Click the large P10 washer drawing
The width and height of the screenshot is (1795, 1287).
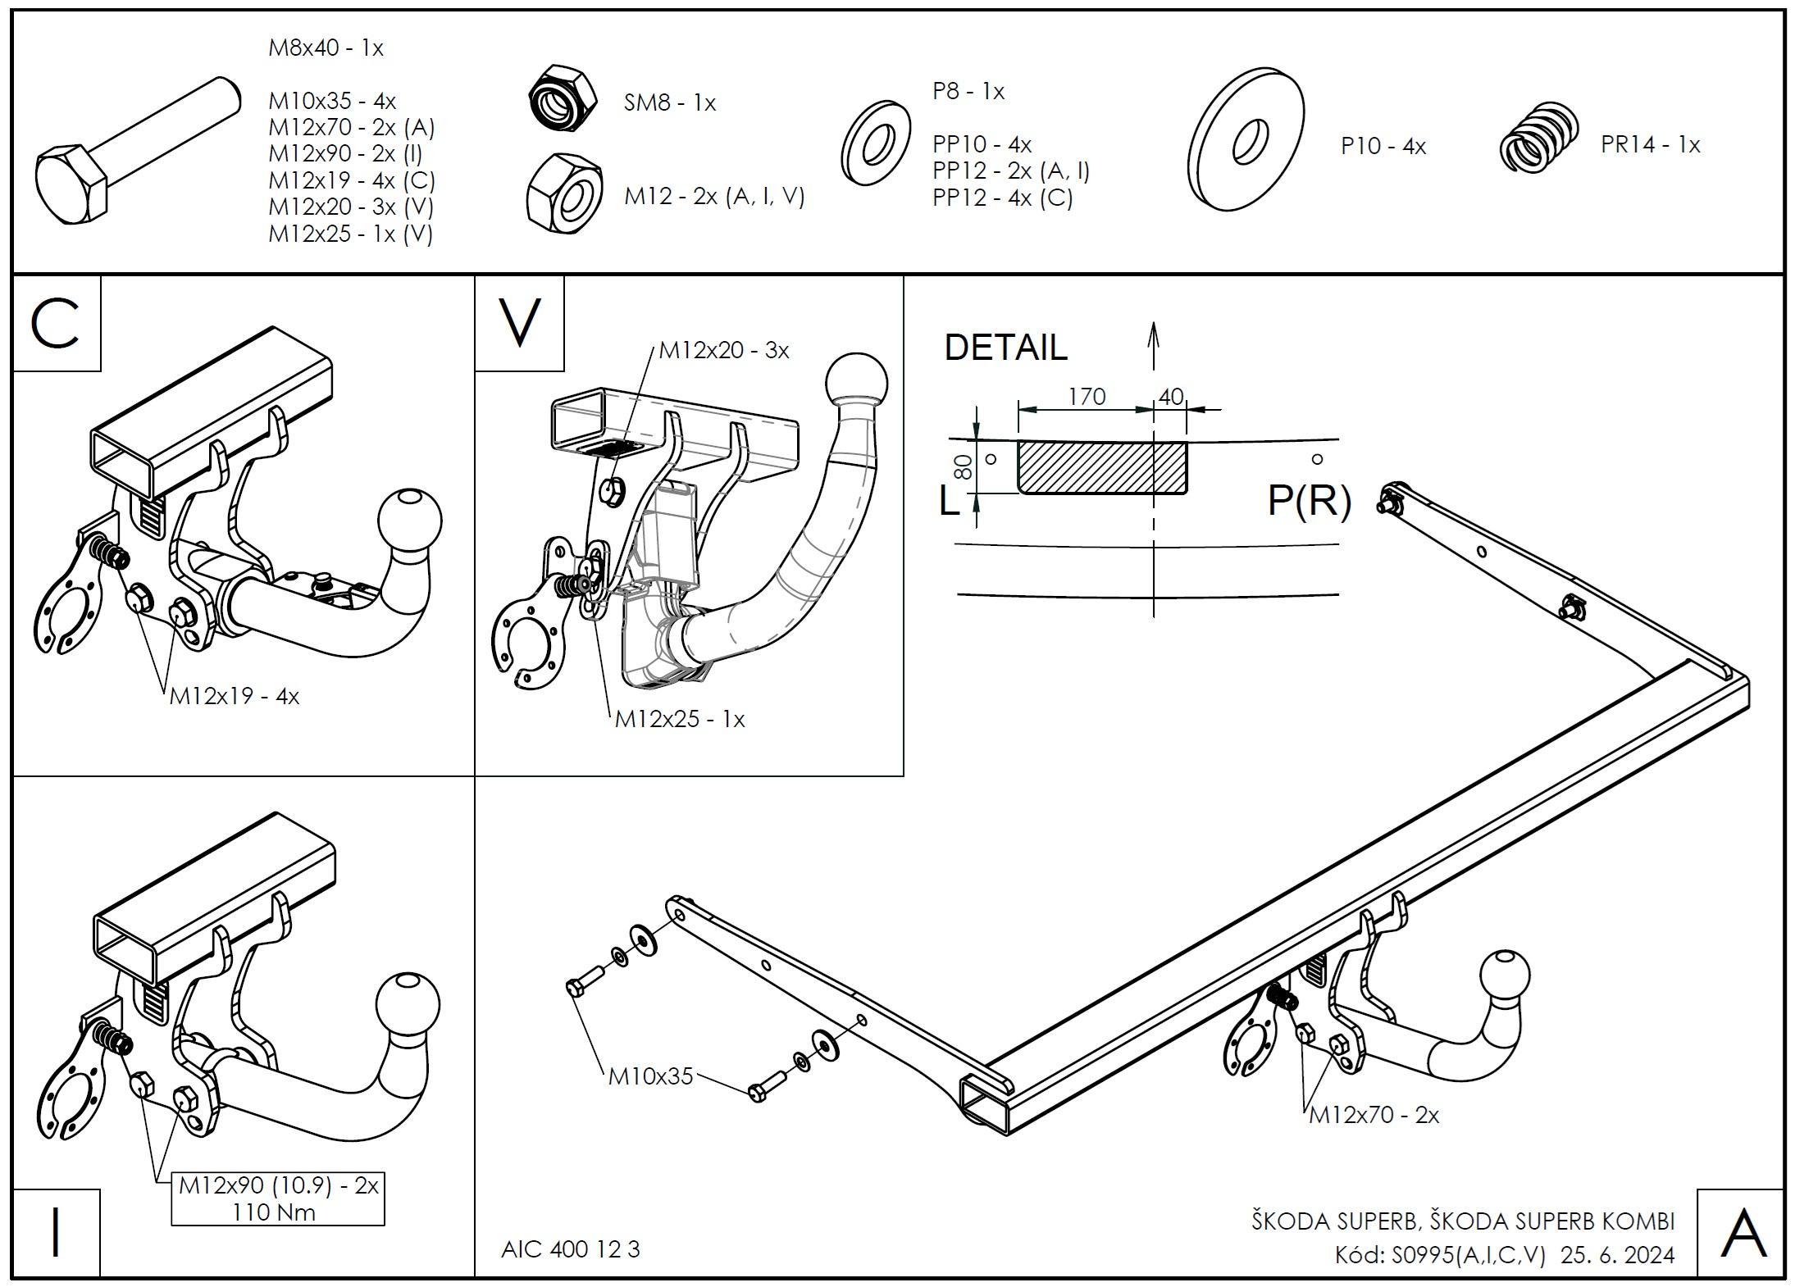(x=1246, y=140)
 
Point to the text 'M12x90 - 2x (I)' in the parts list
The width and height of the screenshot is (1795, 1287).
(x=345, y=153)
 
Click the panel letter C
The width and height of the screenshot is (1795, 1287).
(x=55, y=322)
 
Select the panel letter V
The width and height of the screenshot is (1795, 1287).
(x=520, y=322)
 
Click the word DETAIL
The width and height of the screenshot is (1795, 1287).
(x=1005, y=347)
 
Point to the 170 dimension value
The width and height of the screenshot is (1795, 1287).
(x=1087, y=396)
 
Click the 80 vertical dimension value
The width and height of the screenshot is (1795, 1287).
(x=964, y=467)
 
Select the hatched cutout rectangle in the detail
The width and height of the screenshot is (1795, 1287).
(x=1102, y=467)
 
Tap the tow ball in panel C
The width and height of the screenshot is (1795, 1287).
(x=410, y=521)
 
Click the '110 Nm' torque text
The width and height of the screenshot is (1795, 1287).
(x=274, y=1212)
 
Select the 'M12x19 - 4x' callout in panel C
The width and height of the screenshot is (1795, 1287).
(x=235, y=697)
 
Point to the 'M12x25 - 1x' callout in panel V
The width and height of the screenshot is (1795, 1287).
(x=680, y=719)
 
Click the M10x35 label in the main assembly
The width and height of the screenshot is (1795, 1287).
(x=650, y=1076)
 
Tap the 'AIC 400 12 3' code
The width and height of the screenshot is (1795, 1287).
(x=570, y=1249)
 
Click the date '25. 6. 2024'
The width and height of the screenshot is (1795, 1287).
(x=1618, y=1255)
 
